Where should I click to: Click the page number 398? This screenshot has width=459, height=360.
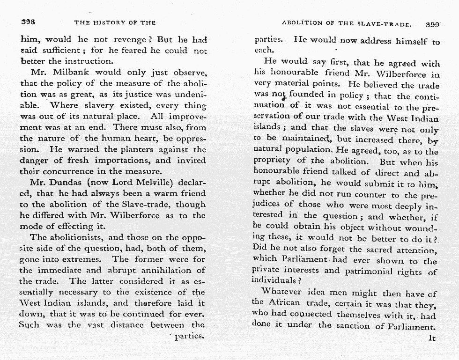(x=29, y=22)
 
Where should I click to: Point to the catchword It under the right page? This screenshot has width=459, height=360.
(x=432, y=337)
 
